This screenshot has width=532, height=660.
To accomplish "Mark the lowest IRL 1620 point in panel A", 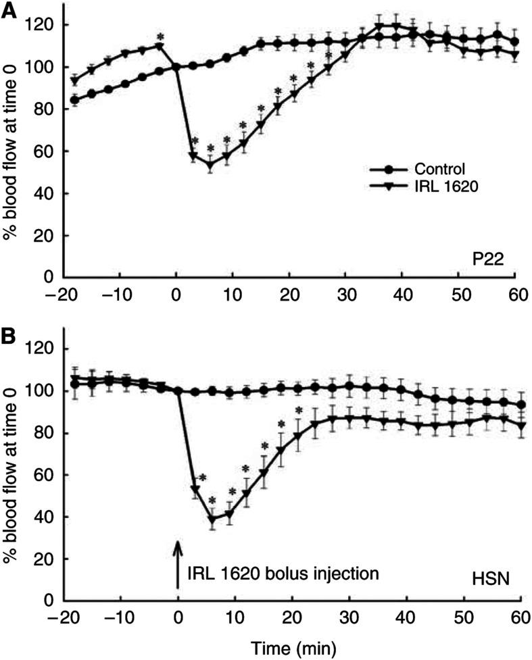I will pyautogui.click(x=210, y=164).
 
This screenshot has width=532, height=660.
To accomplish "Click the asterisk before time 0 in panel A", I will pyautogui.click(x=160, y=37).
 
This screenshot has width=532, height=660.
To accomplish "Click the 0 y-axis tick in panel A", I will pyautogui.click(x=47, y=278).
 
